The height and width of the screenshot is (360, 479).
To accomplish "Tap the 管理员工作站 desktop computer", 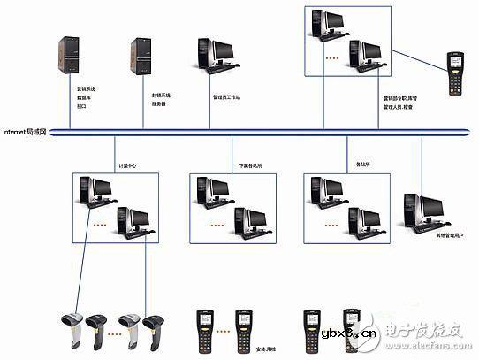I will [x=214, y=53].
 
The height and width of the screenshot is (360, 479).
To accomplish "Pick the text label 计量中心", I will [x=127, y=165].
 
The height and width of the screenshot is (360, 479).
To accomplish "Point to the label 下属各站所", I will [x=250, y=165].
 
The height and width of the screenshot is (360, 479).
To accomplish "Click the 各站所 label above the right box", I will [x=361, y=164].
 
